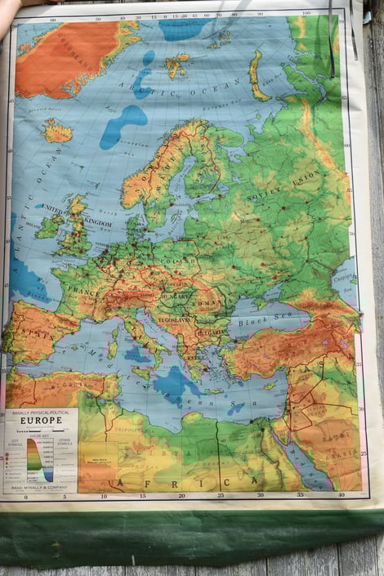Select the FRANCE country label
[84, 290]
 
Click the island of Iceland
[57, 130]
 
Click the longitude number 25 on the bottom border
[221, 494]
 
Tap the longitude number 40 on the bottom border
[341, 494]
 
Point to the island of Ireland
[48, 225]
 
